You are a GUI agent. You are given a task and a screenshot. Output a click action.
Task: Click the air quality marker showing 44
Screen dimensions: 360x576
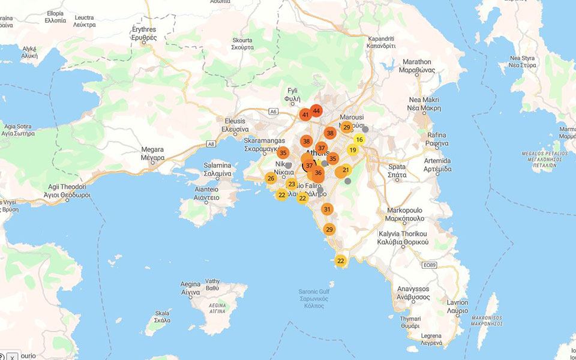point(316,110)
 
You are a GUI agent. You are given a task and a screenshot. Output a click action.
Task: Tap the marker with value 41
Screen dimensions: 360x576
point(305,115)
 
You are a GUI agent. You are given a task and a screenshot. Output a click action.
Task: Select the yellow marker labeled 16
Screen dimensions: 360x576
point(359,140)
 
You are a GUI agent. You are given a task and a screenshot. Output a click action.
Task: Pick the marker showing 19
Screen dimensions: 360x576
point(352,150)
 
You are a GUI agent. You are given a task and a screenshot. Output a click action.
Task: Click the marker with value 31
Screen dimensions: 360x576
point(327,209)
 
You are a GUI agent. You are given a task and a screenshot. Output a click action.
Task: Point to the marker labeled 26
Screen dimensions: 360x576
point(271,178)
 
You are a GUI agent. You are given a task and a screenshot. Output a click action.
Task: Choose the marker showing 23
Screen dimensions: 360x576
point(292,184)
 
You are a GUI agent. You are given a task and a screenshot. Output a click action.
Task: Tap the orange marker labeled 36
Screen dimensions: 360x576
point(318,173)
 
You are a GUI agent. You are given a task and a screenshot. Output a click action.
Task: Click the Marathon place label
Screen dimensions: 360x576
point(416,65)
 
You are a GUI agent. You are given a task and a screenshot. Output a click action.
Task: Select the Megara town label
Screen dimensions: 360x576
point(152,154)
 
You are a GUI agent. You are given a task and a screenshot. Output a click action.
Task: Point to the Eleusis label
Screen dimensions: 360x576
point(235,125)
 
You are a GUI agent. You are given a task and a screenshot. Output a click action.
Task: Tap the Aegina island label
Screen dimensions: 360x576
point(190,288)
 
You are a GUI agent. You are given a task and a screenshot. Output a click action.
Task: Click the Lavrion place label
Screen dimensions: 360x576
point(457,307)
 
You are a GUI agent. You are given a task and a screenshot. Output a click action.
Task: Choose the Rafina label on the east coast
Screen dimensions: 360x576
point(437,139)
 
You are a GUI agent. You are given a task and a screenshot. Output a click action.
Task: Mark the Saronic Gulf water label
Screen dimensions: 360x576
point(311,299)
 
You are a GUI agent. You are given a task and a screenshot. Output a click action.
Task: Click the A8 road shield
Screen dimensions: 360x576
point(211,144)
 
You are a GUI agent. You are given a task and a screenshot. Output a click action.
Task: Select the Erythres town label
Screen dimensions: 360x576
point(143,33)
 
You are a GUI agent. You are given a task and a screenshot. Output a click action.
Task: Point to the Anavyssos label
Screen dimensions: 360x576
point(413,293)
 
